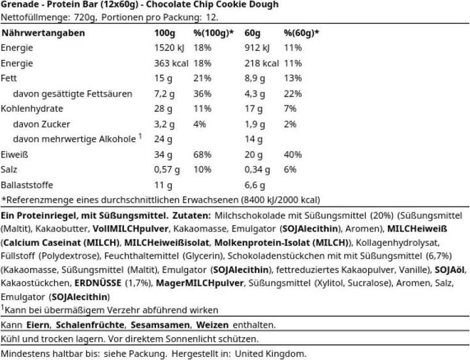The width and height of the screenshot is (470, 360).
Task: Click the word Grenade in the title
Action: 20,5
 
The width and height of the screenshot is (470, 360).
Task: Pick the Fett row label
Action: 10,78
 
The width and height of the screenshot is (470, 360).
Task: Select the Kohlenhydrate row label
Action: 32,108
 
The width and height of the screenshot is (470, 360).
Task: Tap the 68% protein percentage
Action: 202,155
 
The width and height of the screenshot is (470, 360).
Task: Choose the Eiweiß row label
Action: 14,155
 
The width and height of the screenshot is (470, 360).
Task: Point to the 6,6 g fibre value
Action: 266,185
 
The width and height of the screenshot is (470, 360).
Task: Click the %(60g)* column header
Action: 301,33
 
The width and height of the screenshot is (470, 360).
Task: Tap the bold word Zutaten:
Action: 192,216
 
